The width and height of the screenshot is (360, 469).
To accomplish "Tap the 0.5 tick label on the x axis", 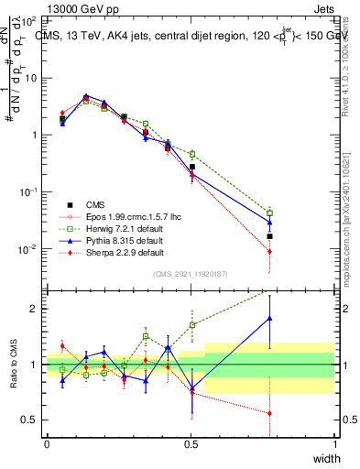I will point(191,444).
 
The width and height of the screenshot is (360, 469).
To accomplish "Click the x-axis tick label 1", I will point(334,444).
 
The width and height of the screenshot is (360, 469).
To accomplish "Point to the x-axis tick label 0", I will point(48,444).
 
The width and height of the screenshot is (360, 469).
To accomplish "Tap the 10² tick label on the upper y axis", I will point(30,20).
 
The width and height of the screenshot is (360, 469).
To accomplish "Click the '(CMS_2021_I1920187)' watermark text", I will point(191,274).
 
